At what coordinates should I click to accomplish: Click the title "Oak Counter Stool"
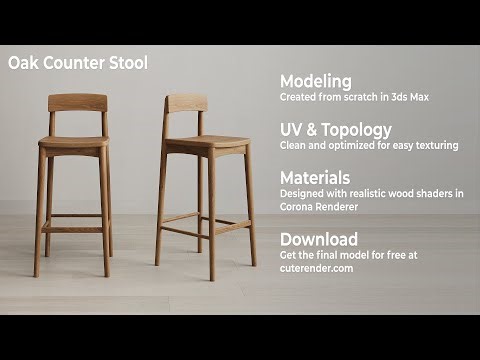(x=78, y=63)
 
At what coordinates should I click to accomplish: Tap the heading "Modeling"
(x=315, y=81)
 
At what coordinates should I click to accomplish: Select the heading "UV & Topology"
(x=335, y=129)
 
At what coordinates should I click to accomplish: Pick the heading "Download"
(x=318, y=239)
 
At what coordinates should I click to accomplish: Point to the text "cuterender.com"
(x=316, y=268)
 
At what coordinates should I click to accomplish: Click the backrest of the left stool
(x=77, y=102)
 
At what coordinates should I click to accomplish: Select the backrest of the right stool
(x=186, y=103)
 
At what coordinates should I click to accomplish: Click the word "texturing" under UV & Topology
(x=433, y=145)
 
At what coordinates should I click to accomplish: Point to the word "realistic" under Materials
(x=364, y=193)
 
